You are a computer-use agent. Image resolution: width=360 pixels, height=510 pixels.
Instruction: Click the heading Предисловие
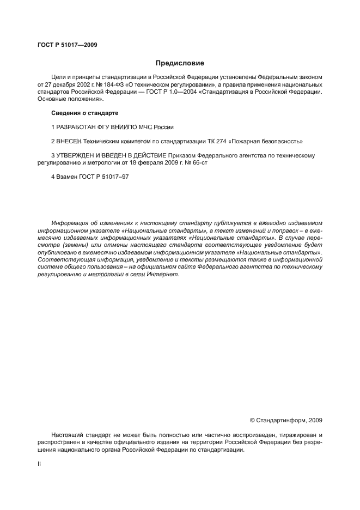tap(180, 63)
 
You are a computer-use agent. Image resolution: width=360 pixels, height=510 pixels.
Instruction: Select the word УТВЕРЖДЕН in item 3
tap(78, 155)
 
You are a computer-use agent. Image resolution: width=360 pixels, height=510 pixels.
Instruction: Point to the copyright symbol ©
tap(252, 420)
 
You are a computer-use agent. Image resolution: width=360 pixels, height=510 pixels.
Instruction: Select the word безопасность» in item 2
tap(284, 141)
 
